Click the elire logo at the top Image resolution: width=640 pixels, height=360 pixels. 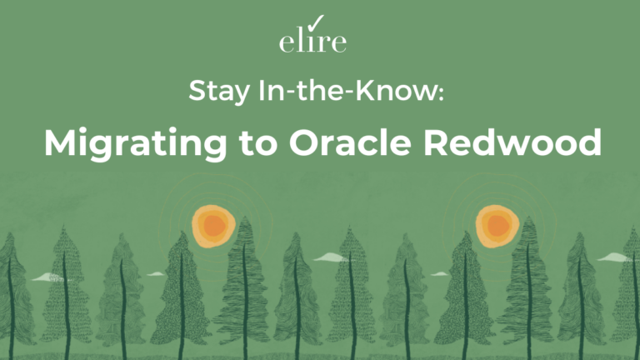(312, 40)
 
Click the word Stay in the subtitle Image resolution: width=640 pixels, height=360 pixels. (215, 91)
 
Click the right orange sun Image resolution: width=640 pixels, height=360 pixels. (497, 225)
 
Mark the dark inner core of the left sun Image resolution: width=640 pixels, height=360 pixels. (214, 225)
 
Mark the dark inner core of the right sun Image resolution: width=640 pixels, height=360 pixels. (497, 226)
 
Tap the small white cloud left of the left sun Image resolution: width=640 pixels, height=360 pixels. (156, 273)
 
